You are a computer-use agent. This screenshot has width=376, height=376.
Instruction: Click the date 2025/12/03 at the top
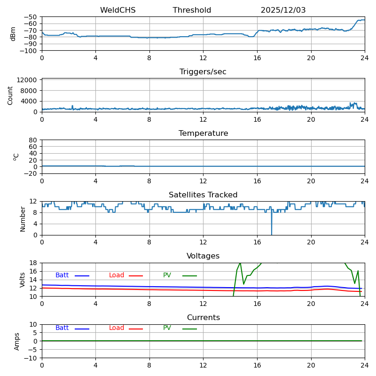click(283, 10)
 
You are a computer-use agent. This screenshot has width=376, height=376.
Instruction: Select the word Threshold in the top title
click(192, 10)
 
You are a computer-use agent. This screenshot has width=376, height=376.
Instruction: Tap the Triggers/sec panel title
click(203, 72)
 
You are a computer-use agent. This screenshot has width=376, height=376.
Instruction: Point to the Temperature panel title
click(203, 133)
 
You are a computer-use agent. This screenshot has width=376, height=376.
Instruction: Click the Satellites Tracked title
click(203, 195)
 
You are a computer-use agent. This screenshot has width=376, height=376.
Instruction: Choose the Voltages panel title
click(203, 256)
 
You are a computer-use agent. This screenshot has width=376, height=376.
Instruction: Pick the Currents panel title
click(203, 318)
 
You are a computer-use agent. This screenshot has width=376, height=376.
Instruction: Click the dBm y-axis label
click(13, 34)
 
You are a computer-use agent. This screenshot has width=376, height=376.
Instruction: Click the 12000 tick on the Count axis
click(28, 80)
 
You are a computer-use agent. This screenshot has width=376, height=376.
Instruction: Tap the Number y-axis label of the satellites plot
click(23, 219)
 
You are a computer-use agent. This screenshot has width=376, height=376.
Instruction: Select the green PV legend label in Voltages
click(167, 275)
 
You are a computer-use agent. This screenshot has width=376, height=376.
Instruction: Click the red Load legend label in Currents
click(117, 328)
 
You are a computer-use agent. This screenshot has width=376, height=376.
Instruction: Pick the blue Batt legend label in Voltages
click(62, 275)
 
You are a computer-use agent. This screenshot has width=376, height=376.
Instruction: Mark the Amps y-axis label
click(17, 341)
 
